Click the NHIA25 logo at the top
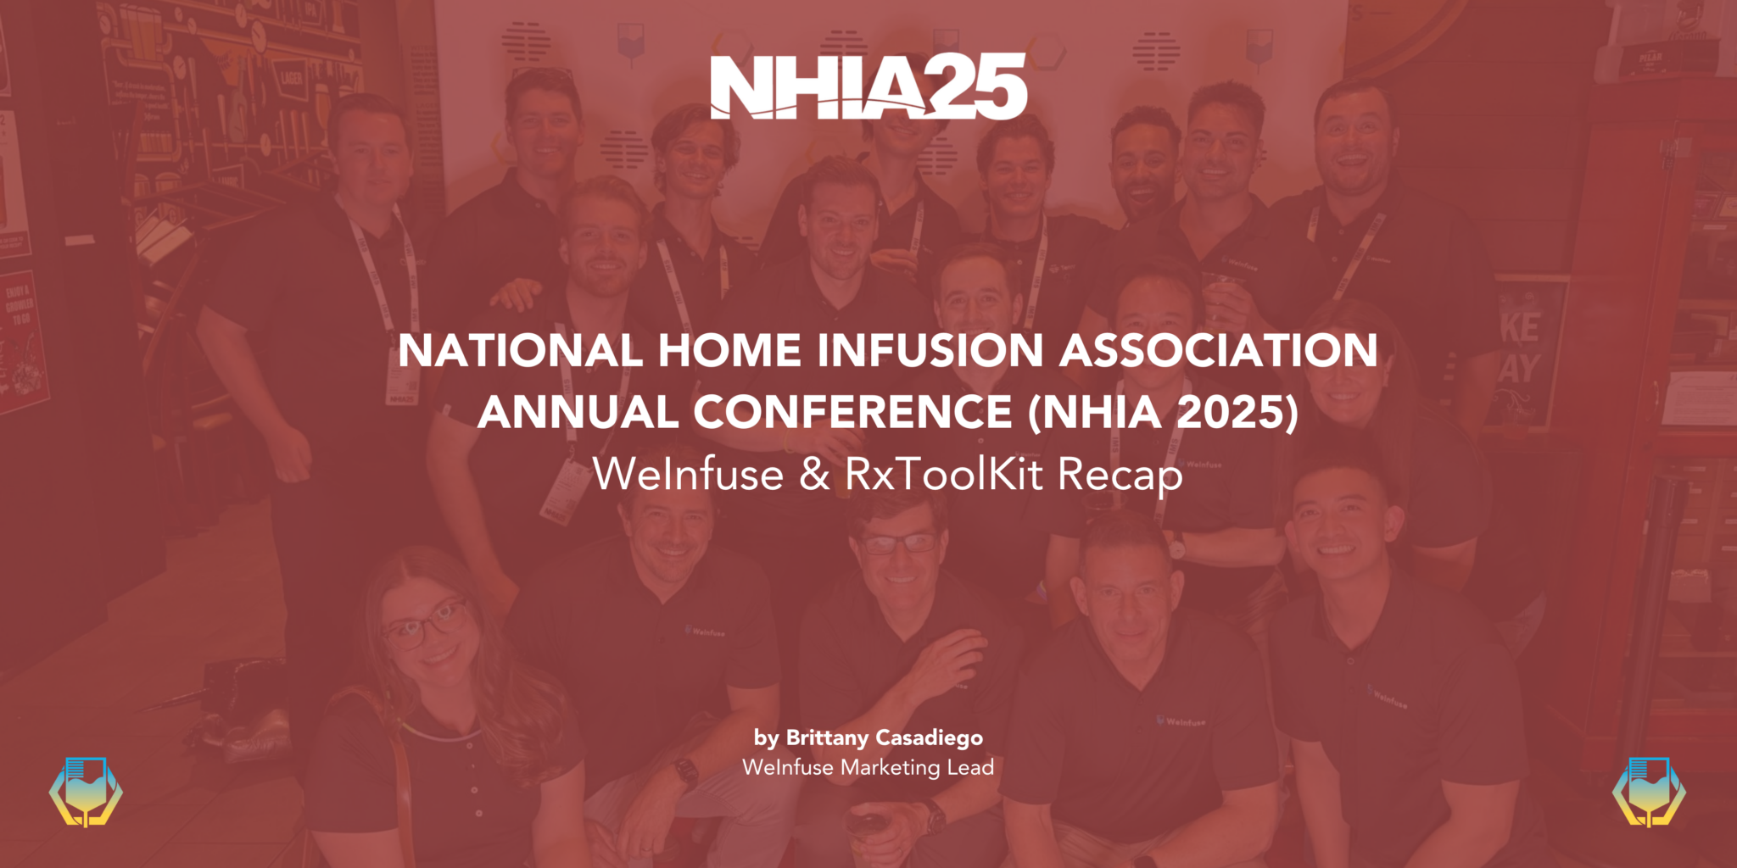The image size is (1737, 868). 868,86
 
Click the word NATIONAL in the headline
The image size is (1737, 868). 520,351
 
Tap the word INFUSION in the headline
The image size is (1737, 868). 930,351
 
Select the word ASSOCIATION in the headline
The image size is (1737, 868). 1219,351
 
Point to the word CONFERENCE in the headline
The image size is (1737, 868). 852,413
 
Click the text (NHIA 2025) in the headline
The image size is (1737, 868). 1163,413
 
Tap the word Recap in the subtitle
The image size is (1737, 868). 1120,476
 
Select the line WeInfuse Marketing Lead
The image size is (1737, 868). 868,767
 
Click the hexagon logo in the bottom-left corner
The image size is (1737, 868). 86,792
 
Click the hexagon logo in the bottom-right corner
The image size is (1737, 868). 1650,792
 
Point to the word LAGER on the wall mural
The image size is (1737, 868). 291,79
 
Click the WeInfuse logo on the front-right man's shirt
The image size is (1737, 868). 1388,697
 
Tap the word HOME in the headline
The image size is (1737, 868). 729,351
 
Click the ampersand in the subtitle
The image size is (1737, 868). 814,475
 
